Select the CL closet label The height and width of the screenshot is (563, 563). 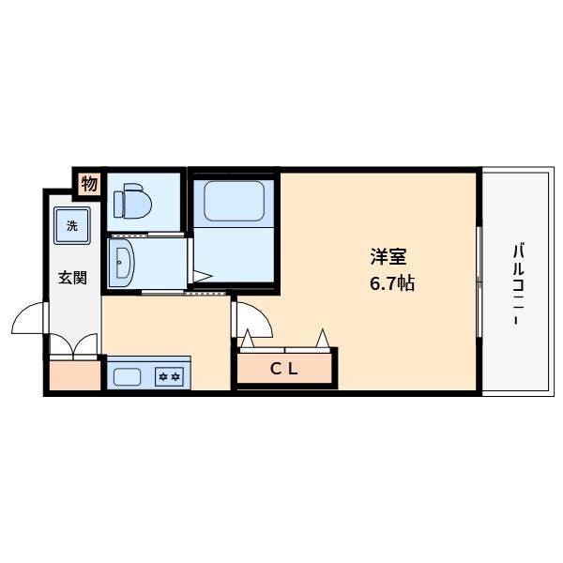click(x=284, y=369)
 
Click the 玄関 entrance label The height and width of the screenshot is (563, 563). click(x=72, y=278)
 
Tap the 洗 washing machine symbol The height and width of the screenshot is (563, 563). click(x=72, y=226)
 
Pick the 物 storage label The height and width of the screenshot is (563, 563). click(x=88, y=184)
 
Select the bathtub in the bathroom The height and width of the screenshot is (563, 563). click(x=235, y=199)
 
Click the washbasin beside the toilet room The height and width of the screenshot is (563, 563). click(x=121, y=260)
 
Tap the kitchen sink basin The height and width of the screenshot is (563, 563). click(x=127, y=377)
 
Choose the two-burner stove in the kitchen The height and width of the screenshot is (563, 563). click(x=170, y=377)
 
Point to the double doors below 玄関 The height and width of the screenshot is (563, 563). click(x=74, y=345)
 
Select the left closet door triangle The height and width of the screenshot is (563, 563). click(x=245, y=340)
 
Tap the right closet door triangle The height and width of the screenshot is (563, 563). click(x=322, y=338)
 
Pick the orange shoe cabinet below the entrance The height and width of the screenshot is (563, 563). click(x=74, y=375)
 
